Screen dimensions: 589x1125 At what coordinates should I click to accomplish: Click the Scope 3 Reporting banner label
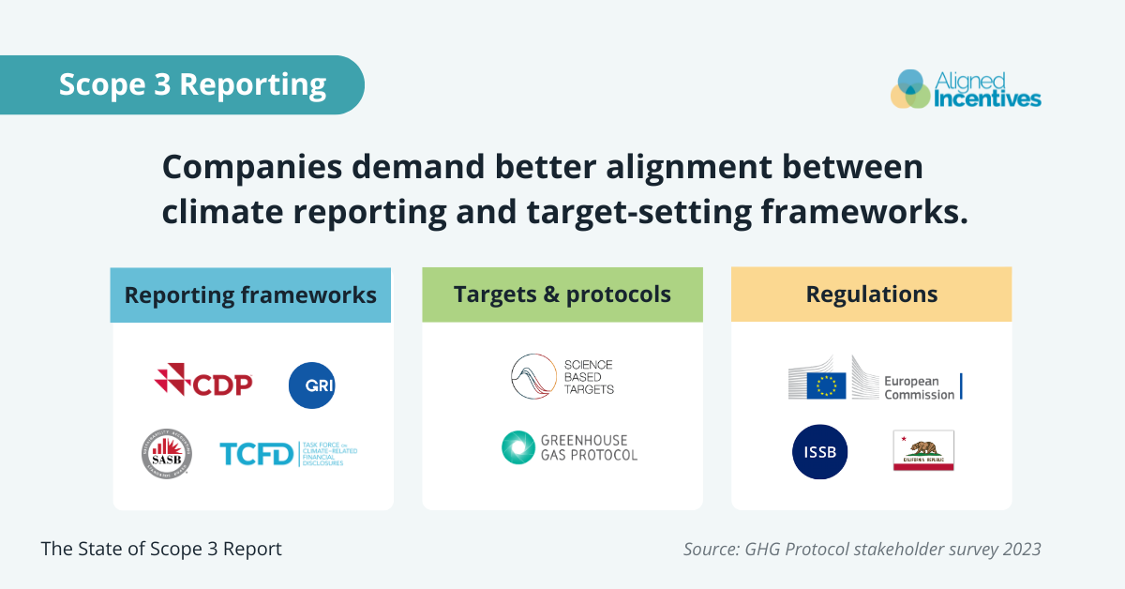192,84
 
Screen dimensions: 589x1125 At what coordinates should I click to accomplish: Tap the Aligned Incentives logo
966,88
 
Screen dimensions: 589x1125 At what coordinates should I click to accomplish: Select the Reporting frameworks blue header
251,294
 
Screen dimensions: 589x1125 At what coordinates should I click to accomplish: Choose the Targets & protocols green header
562,294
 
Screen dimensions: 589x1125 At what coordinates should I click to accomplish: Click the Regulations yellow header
872,294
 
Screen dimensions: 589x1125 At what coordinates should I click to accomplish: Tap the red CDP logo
203,381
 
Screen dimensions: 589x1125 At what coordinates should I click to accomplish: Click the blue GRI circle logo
312,385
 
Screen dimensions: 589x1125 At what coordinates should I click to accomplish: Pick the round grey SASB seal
167,453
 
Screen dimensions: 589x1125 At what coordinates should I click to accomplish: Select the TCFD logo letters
256,455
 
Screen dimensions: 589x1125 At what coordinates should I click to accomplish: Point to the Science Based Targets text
590,376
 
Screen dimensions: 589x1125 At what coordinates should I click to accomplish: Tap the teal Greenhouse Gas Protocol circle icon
517,447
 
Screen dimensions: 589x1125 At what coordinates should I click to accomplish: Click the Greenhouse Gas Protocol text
589,447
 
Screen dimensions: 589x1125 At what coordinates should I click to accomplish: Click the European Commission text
919,388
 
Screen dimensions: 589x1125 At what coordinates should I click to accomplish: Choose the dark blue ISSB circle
820,452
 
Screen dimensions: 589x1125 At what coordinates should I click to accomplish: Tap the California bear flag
923,450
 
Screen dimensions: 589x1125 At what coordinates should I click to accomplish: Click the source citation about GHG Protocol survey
862,550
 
